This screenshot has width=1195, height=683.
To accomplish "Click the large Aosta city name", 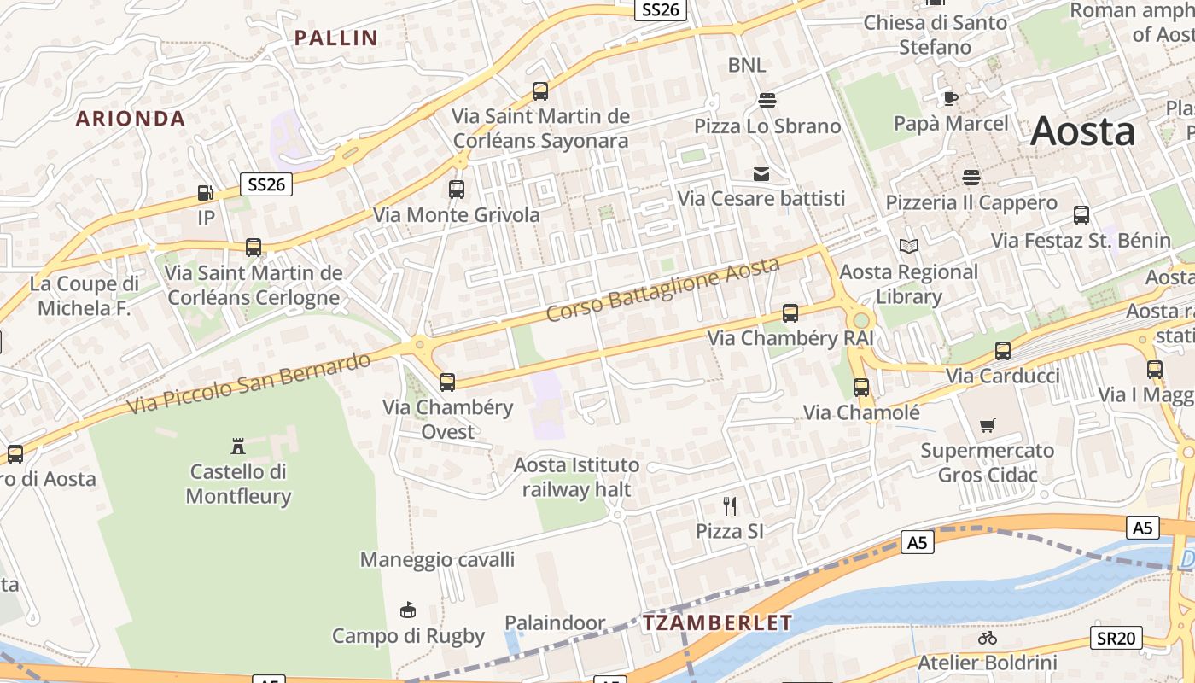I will point(1082,131).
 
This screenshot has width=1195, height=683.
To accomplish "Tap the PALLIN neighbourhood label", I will point(335,38).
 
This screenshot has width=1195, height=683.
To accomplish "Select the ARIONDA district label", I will point(131,119).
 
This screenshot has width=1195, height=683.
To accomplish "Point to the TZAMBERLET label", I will point(718,622).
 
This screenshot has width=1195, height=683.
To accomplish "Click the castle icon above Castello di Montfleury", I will point(238,446).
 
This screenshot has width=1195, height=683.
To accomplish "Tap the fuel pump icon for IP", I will point(205,193).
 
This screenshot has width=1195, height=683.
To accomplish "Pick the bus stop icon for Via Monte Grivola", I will point(457,189).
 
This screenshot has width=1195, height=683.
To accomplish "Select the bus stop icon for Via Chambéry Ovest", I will point(447,382).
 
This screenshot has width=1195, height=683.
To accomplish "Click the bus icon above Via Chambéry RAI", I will point(790,312).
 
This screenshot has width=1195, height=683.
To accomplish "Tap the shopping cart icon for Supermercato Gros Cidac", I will point(988,425).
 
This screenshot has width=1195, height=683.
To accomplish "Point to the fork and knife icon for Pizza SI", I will point(730,506).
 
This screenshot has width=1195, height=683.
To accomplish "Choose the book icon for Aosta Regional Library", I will point(909,246).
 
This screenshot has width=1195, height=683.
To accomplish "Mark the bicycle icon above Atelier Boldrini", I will point(988,638).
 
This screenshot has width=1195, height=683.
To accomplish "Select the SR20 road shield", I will point(1116,637).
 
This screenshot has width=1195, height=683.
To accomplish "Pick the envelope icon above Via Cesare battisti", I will point(761,174).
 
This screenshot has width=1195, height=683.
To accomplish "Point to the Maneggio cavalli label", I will point(437,559).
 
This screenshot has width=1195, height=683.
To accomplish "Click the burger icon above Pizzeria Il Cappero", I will point(971,178).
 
